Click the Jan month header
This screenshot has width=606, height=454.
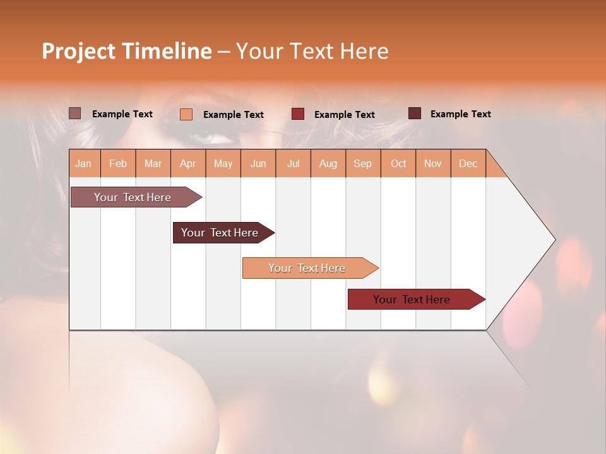[x=83, y=163]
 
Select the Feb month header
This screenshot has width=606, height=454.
[x=118, y=163]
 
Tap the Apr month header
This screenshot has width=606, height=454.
[x=187, y=163]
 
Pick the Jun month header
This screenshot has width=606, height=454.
[x=258, y=163]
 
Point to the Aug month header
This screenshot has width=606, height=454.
[x=328, y=163]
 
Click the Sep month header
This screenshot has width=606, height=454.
[x=362, y=163]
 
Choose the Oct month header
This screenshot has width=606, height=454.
[x=398, y=163]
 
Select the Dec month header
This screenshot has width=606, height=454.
[x=468, y=163]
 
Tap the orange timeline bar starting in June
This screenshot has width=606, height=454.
[x=307, y=268]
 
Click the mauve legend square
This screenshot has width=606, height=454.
[x=75, y=113]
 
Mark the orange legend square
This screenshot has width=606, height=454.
[x=186, y=114]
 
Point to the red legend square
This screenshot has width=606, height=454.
[x=298, y=114]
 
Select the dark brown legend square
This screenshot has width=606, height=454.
[x=415, y=113]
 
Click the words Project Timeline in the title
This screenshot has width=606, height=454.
[x=127, y=51]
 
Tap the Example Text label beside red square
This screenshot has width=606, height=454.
[x=345, y=114]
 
